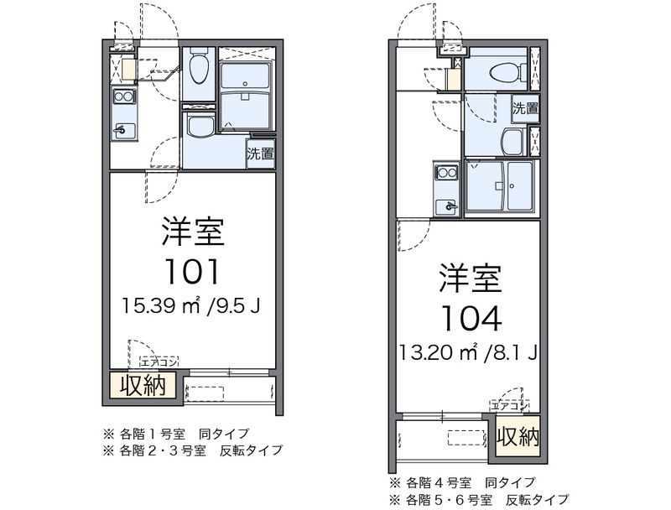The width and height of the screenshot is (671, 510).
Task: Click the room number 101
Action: pyautogui.click(x=192, y=272)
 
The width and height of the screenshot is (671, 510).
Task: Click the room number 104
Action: pyautogui.click(x=471, y=319)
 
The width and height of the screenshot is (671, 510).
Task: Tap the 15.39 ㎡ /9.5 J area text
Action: pyautogui.click(x=191, y=305)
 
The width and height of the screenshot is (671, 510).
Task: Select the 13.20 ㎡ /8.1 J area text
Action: pyautogui.click(x=468, y=352)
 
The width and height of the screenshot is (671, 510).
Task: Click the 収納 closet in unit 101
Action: pyautogui.click(x=143, y=385)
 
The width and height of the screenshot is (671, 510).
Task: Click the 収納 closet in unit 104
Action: pyautogui.click(x=518, y=436)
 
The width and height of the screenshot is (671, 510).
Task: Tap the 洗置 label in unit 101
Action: pyautogui.click(x=260, y=154)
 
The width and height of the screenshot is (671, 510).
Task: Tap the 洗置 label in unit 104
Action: pyautogui.click(x=526, y=108)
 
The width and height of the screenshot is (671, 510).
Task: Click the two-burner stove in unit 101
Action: pyautogui.click(x=123, y=96)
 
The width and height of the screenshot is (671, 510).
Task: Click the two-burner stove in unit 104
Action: pyautogui.click(x=446, y=173)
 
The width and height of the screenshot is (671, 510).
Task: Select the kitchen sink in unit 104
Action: pyautogui.click(x=446, y=207)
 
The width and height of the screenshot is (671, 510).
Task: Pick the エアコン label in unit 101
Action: pyautogui.click(x=159, y=362)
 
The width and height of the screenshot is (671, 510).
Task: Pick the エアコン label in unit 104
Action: pyautogui.click(x=509, y=405)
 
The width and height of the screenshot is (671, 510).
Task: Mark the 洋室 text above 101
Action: pyautogui.click(x=193, y=232)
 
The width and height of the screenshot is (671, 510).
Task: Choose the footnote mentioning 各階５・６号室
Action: pyautogui.click(x=479, y=499)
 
